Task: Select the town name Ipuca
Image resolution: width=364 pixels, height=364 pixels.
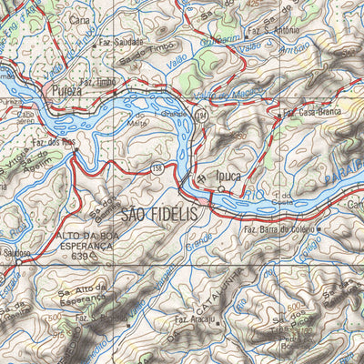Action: [x=228, y=176]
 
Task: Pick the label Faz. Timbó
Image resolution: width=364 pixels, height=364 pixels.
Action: [x=96, y=81]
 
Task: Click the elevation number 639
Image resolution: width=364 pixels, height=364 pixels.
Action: [x=80, y=258]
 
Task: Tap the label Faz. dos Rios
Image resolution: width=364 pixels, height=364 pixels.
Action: [x=53, y=142]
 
